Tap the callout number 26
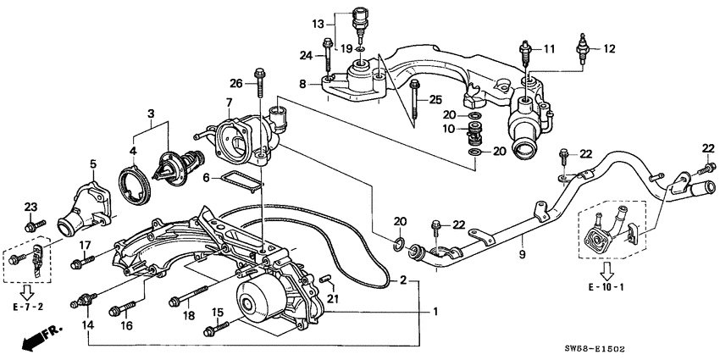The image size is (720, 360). pyautogui.click(x=235, y=83)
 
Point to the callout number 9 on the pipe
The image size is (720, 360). pyautogui.click(x=523, y=252)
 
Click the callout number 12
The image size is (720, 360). pyautogui.click(x=608, y=48)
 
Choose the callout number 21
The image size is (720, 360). pyautogui.click(x=332, y=298)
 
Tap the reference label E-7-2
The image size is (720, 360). pyautogui.click(x=30, y=303)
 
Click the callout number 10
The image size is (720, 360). pyautogui.click(x=449, y=130)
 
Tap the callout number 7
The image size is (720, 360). pyautogui.click(x=230, y=103)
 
